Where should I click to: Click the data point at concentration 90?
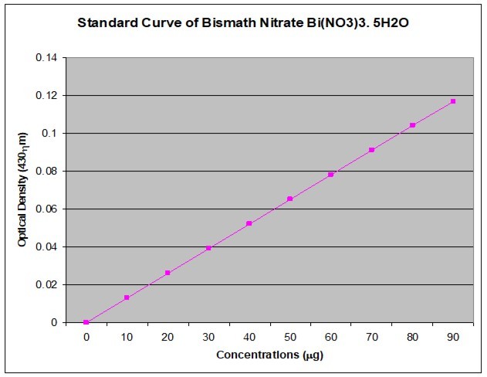click(453, 101)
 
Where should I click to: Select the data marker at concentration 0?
click(86, 322)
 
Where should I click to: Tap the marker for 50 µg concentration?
click(290, 199)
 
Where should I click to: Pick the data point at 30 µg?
click(208, 248)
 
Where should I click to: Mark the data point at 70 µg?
click(372, 150)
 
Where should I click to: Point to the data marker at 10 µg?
click(127, 297)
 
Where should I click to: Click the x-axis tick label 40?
click(249, 337)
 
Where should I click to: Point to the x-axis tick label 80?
click(412, 337)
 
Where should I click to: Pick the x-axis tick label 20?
click(167, 337)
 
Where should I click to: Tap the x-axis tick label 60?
click(331, 337)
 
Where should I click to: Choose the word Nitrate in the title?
click(281, 22)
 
